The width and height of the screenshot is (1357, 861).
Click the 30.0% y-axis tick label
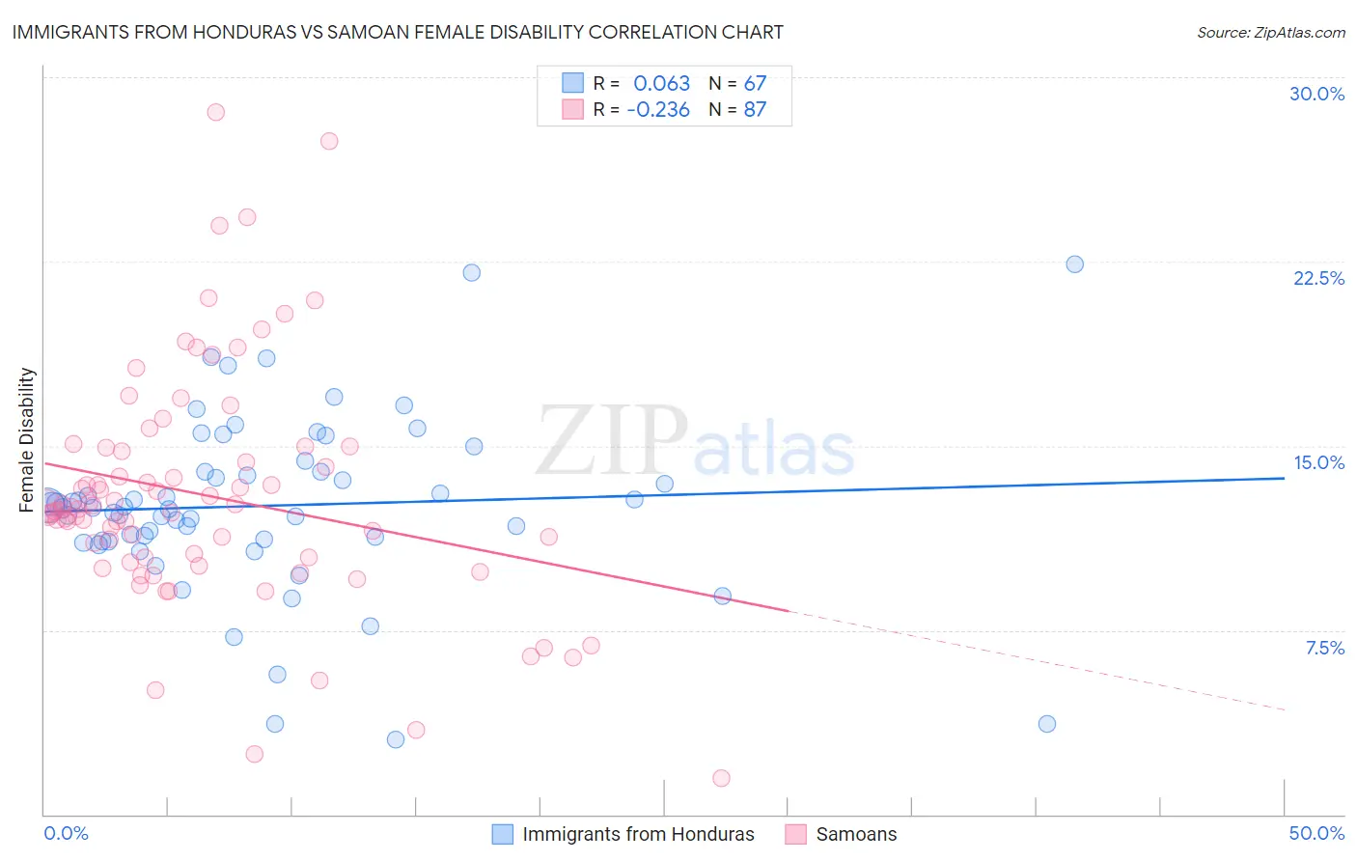click(1316, 94)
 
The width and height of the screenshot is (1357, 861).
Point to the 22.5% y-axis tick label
click(1318, 278)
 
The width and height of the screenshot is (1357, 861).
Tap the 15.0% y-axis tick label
click(1318, 462)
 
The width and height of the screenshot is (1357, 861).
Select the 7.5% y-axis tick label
click(1324, 648)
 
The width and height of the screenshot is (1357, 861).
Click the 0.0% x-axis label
click(66, 833)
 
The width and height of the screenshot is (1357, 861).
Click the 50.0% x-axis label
click(1316, 833)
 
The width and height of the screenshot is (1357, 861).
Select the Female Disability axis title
click(27, 439)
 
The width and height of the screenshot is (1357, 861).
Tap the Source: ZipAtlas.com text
click(1270, 32)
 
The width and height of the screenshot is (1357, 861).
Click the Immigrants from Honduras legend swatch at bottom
click(502, 834)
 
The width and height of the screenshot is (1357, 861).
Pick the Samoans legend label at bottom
click(856, 834)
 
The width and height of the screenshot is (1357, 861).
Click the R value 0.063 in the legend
click(661, 83)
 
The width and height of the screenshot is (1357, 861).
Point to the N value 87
click(755, 109)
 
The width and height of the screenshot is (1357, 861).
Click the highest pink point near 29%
click(215, 112)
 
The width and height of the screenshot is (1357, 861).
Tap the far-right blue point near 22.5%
click(1074, 264)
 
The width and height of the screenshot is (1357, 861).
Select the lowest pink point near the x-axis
click(721, 778)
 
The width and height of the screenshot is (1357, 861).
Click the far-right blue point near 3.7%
click(1047, 724)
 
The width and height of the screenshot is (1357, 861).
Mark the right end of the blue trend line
click(1284, 478)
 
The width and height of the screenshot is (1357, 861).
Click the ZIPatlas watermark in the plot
click(695, 442)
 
